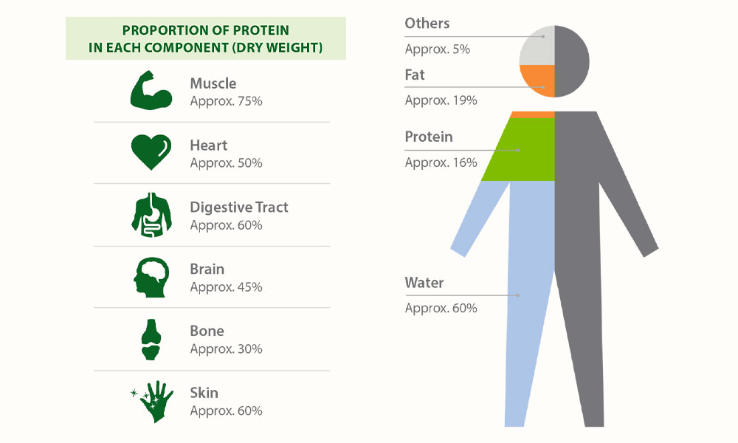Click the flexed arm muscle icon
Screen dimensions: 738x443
[151, 90]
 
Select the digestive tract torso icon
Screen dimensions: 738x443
[151, 215]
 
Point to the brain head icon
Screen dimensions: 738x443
[151, 278]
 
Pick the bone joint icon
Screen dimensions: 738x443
[151, 340]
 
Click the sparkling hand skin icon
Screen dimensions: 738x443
[152, 402]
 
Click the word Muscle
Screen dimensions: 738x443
[213, 83]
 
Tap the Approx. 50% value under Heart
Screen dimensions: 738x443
[226, 163]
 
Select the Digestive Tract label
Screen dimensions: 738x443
[239, 207]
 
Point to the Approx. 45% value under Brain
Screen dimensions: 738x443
[226, 286]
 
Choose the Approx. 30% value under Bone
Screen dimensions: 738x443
[226, 348]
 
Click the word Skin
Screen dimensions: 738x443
[204, 393]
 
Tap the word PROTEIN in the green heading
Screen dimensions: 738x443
[261, 30]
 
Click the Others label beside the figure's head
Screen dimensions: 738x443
[427, 23]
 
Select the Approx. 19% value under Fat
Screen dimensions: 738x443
[441, 100]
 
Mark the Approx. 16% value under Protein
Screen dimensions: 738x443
[441, 162]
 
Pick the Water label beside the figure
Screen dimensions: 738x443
[424, 283]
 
